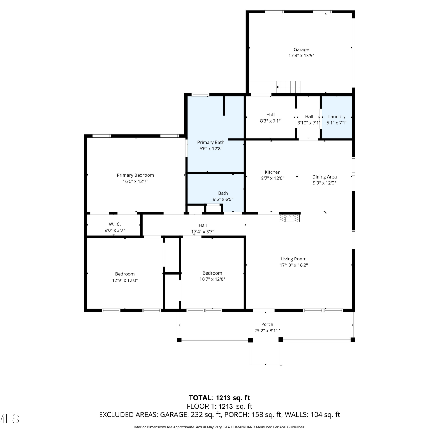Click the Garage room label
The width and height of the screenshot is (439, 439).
(x=301, y=50)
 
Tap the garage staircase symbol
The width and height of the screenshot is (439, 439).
(x=288, y=87)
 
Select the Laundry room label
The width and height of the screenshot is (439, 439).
(x=337, y=117)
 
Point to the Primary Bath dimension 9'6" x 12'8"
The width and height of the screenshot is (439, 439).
(x=211, y=149)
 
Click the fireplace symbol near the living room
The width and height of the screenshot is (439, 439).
(x=290, y=218)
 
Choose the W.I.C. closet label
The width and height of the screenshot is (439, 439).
(x=115, y=224)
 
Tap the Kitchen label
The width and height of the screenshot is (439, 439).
(x=272, y=172)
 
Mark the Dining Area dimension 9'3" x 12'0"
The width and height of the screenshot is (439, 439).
(x=324, y=183)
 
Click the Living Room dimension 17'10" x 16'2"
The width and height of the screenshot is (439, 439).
(x=294, y=265)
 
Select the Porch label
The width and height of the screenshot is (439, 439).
(x=267, y=325)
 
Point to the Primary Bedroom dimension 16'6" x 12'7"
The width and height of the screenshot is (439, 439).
(x=135, y=181)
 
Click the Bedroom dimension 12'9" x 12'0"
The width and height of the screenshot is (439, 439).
(x=125, y=280)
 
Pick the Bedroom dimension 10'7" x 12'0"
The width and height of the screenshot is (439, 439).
(x=212, y=279)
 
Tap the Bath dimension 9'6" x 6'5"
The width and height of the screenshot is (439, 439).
(x=223, y=200)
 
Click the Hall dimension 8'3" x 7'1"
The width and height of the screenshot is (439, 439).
(x=270, y=121)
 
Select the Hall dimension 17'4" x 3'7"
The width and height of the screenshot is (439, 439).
(x=203, y=232)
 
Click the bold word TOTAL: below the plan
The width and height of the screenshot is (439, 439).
(x=201, y=398)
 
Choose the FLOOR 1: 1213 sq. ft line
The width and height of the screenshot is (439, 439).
(x=220, y=407)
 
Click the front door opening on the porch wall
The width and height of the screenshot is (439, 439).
(x=264, y=310)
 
